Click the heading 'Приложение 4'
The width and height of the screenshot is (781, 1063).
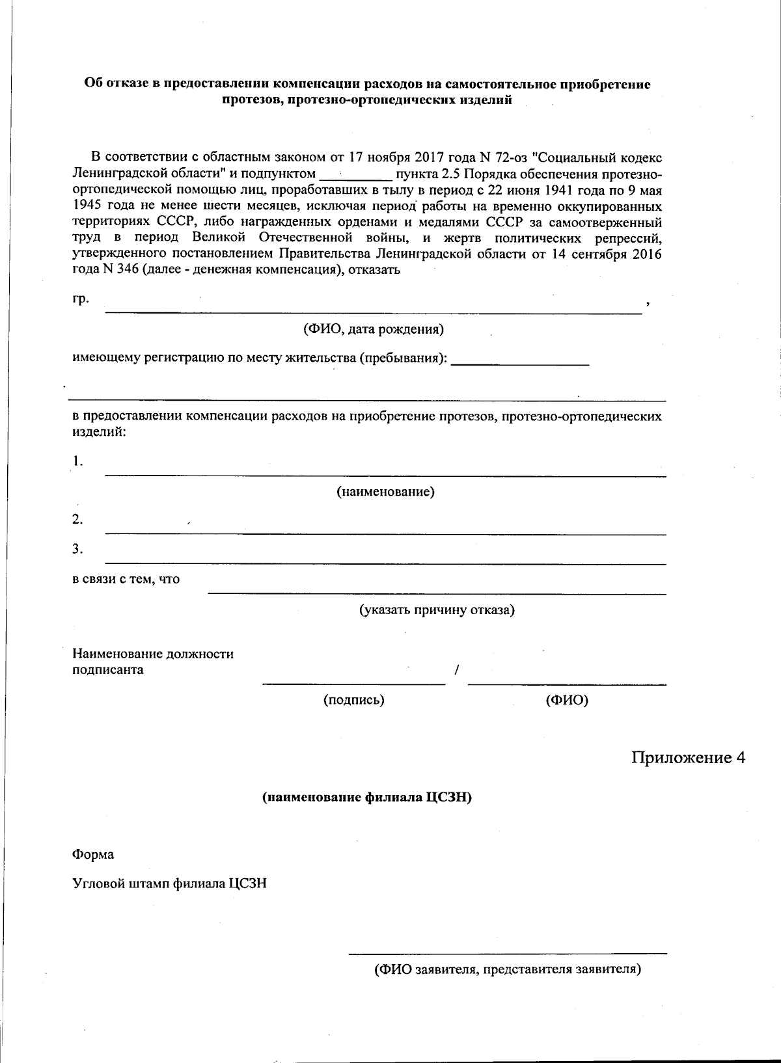[x=688, y=758]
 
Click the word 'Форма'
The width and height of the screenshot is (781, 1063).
[x=92, y=855]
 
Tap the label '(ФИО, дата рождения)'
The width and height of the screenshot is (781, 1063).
[x=373, y=329]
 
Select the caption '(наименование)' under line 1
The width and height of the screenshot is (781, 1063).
[x=385, y=492]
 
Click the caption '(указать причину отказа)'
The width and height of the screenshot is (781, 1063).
[x=437, y=610]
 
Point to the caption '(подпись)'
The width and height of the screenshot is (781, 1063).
[x=354, y=700]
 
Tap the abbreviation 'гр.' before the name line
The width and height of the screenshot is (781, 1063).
[x=80, y=299]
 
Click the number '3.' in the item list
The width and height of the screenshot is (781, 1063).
[x=77, y=549]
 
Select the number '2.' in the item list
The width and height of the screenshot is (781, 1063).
[x=77, y=519]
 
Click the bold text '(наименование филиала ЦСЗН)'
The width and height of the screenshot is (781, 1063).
[x=366, y=798]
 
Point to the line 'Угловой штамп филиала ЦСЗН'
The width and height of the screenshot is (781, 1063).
[x=169, y=883]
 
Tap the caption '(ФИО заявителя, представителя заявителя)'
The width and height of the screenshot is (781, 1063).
[x=507, y=970]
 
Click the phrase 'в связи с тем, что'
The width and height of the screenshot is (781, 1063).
[x=126, y=579]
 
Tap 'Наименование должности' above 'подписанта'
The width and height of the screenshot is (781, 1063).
[x=153, y=654]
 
